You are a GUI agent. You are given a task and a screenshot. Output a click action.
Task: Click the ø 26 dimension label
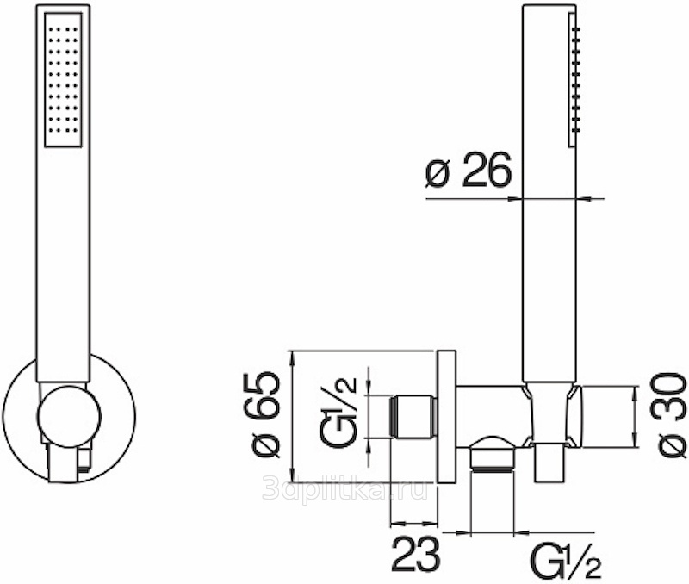tap(469, 170)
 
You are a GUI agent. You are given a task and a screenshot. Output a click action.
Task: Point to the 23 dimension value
tap(416, 554)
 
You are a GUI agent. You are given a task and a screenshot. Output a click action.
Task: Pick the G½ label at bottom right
tap(566, 561)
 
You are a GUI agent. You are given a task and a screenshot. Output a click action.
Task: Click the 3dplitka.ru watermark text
tap(345, 488)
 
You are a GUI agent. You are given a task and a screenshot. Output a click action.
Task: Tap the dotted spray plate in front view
tap(63, 79)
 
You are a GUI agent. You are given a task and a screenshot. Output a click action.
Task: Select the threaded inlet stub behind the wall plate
tap(413, 417)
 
